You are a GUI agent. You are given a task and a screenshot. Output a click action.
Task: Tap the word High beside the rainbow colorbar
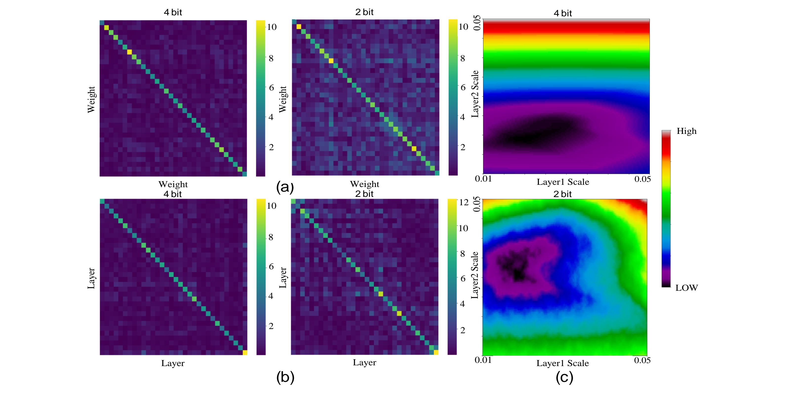point(687,131)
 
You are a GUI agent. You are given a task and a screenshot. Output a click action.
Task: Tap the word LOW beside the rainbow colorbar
point(687,288)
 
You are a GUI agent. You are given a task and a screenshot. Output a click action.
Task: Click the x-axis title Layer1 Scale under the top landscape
point(563,182)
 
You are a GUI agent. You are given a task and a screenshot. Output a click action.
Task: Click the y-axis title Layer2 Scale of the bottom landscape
point(475,275)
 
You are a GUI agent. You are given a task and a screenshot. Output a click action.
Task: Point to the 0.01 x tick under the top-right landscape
point(483,179)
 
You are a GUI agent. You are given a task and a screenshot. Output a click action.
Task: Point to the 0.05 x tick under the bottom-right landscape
point(642,360)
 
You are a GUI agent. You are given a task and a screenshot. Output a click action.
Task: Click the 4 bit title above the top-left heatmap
point(173,12)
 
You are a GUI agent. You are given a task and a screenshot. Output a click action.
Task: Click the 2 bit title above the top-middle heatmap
point(364,12)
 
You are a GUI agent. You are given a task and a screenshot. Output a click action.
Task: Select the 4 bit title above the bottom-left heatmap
point(173,194)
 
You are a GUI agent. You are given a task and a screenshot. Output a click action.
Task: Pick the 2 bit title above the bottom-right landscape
point(563,194)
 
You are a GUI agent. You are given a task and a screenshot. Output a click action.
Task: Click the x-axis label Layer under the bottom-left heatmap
point(173,363)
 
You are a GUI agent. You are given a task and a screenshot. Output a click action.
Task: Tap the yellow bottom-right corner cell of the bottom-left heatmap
point(245,352)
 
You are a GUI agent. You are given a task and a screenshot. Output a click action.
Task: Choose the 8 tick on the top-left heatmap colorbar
point(271,58)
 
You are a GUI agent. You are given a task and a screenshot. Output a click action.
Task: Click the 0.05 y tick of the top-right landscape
point(476,24)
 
